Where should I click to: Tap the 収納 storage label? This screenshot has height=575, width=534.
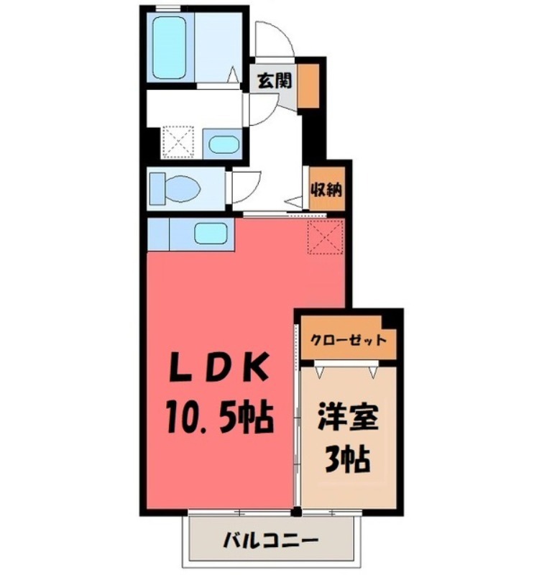[x=326, y=190]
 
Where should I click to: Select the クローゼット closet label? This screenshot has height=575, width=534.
[x=348, y=340]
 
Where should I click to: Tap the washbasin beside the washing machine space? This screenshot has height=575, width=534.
[x=221, y=143]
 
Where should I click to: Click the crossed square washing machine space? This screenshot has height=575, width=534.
[x=176, y=141]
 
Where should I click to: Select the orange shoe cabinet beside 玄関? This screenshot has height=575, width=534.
[x=308, y=86]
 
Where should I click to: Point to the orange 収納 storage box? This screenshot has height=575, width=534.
[x=326, y=188]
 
